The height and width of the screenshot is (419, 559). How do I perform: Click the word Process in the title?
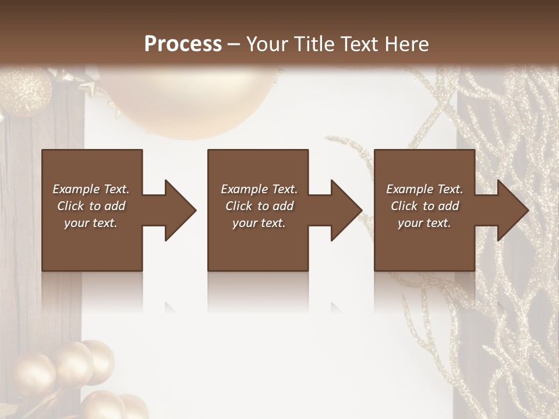[x=183, y=44]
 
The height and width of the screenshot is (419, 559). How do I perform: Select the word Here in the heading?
[x=406, y=44]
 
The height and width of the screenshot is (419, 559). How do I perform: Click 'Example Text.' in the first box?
[x=91, y=189]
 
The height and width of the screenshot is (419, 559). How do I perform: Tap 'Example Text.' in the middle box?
[x=259, y=189]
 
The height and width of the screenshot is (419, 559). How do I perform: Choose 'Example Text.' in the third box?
[x=424, y=189]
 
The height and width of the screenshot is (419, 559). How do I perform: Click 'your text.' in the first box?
[x=91, y=223]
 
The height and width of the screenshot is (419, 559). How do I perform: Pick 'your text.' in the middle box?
[x=259, y=223]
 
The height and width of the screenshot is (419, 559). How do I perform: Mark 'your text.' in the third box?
[x=424, y=223]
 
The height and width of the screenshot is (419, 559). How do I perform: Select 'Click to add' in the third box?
[x=424, y=206]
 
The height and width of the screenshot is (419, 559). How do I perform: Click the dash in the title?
[x=234, y=44]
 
